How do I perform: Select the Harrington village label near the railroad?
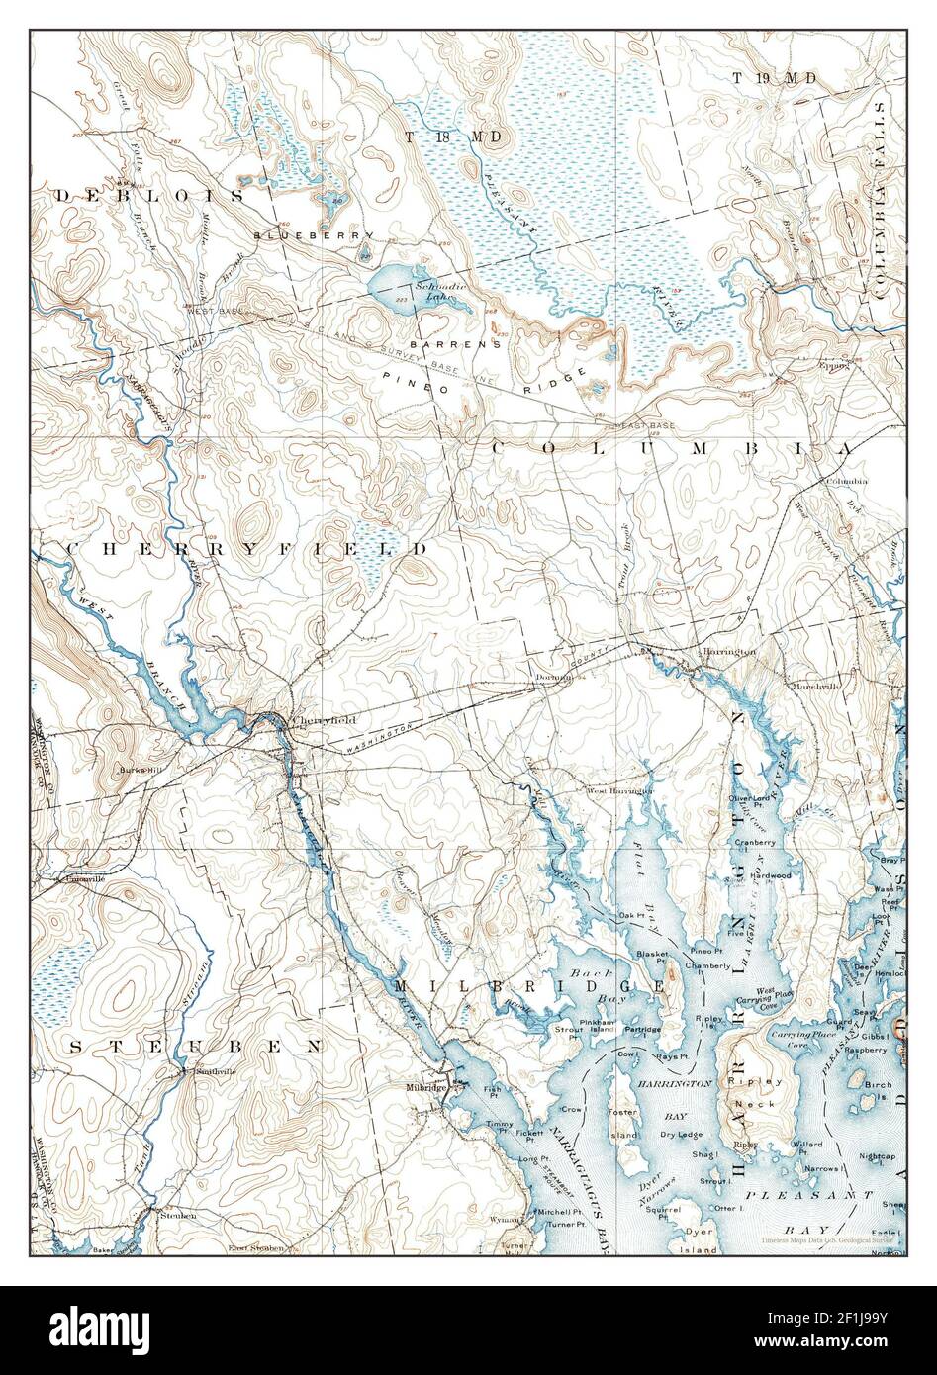729,652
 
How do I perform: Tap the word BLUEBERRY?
313,235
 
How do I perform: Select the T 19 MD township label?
774,77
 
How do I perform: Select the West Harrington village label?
620,791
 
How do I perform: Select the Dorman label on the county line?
555,678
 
